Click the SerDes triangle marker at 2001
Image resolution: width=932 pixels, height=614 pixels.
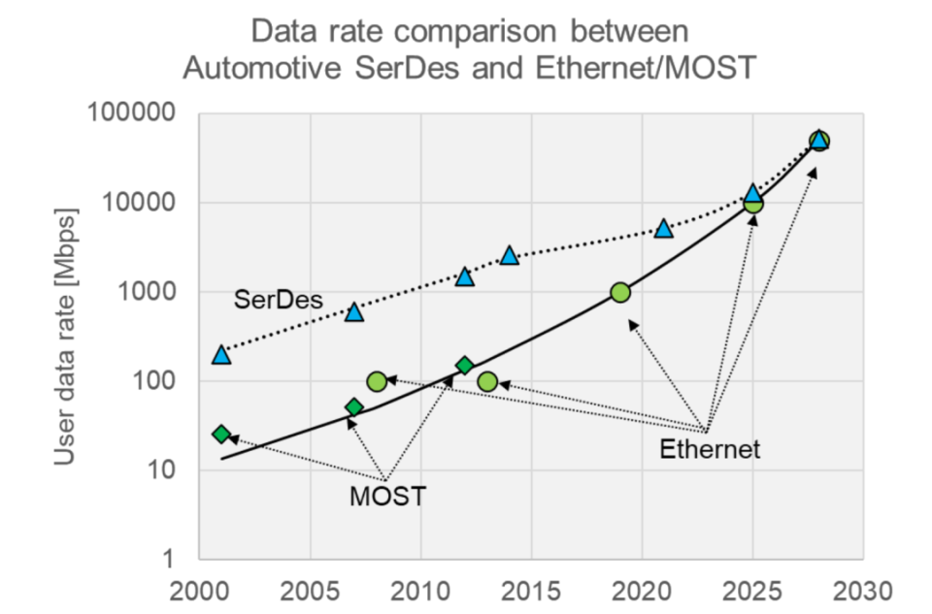(221, 355)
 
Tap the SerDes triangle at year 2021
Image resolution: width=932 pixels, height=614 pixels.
(664, 229)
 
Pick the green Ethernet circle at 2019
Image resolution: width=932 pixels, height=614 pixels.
(620, 293)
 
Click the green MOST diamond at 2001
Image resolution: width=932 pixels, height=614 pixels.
(221, 434)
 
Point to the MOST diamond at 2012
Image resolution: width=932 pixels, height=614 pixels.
(465, 365)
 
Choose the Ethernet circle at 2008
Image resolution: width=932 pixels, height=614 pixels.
(377, 381)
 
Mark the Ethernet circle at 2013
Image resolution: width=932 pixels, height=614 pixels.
(487, 382)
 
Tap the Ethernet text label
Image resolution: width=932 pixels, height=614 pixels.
(709, 449)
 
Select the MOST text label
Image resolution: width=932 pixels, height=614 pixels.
(387, 498)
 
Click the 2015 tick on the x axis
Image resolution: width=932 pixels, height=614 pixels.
(531, 591)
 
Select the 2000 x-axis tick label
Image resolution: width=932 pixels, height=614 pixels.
(199, 591)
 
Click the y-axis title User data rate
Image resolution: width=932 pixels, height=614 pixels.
(66, 336)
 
